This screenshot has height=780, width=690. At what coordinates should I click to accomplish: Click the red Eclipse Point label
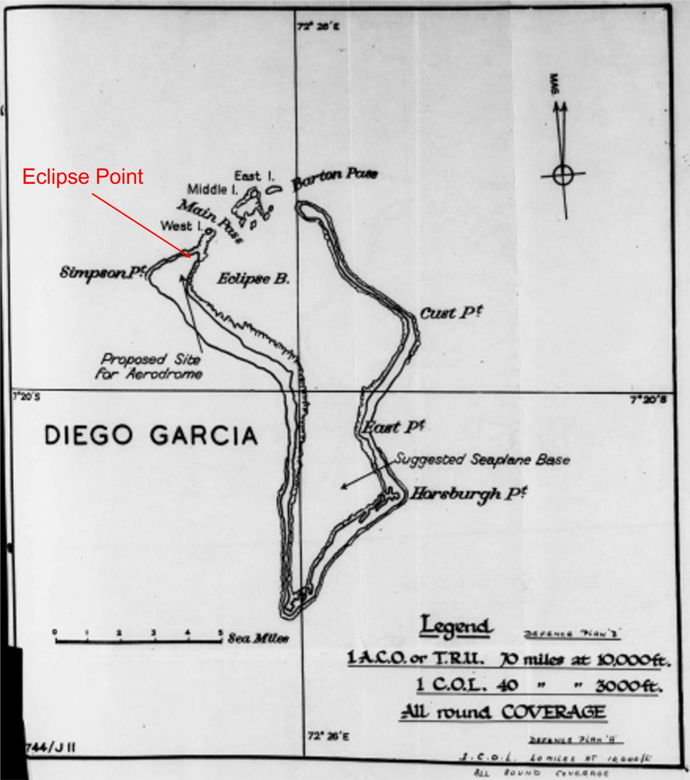(x=83, y=177)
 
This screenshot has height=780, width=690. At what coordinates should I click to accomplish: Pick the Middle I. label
(x=212, y=189)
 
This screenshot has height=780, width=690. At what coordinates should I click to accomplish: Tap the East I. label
(x=254, y=176)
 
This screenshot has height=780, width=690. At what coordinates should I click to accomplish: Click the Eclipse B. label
(x=253, y=279)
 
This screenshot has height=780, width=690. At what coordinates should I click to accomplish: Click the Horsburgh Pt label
(x=468, y=494)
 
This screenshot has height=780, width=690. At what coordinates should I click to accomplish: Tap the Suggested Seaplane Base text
(x=482, y=460)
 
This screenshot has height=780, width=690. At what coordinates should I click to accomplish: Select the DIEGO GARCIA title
(x=151, y=435)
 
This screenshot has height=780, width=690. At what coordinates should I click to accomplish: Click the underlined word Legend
(x=456, y=626)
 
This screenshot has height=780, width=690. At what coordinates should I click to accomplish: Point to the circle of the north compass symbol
(x=563, y=175)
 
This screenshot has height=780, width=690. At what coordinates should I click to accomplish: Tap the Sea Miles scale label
(x=258, y=639)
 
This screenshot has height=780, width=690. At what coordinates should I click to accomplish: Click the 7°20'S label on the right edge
(x=648, y=400)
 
